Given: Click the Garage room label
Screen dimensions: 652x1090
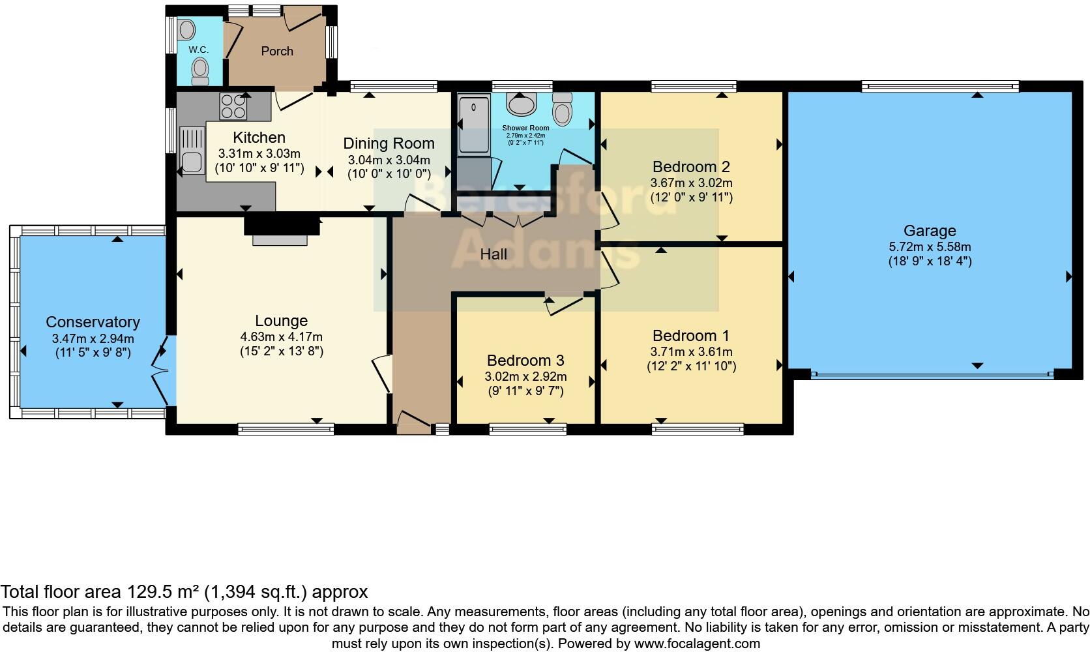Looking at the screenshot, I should (929, 231).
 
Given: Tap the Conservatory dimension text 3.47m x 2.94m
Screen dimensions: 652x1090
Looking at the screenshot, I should (93, 339).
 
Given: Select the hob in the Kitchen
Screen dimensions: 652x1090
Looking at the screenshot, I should (233, 107).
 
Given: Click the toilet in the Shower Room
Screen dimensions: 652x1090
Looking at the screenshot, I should (562, 109).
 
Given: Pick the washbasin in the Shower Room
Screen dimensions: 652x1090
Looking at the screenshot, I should (522, 104).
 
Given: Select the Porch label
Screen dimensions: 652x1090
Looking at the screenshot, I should (277, 51).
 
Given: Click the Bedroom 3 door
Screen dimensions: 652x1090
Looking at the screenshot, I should (565, 305).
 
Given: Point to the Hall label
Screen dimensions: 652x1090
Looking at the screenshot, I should (493, 255).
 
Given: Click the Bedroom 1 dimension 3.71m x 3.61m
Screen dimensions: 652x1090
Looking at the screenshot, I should (691, 352).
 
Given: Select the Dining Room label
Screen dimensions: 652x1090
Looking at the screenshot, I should (389, 143).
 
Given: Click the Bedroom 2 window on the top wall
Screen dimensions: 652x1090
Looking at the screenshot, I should (693, 86).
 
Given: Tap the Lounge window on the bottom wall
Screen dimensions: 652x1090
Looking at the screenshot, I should (286, 428).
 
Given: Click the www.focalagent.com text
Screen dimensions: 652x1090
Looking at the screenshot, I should (697, 644).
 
